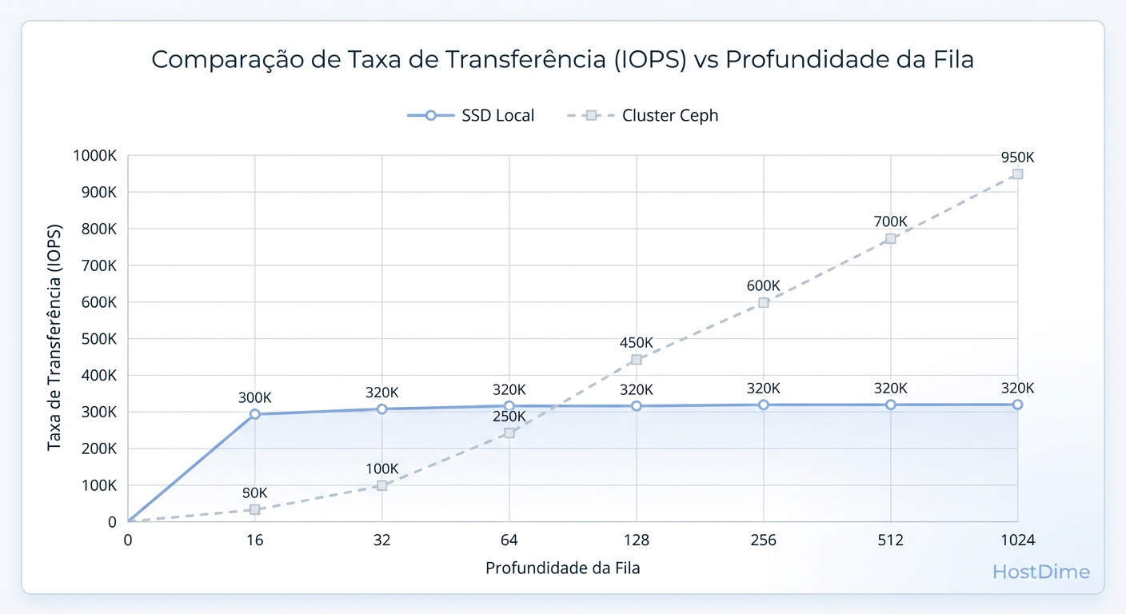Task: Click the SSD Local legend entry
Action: tap(471, 115)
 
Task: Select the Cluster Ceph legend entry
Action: tap(643, 115)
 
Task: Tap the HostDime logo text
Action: tap(1040, 572)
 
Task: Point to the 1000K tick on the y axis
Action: tap(95, 156)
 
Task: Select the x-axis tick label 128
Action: tap(637, 540)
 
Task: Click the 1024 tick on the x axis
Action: tap(1017, 540)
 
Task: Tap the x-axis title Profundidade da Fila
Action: tap(562, 568)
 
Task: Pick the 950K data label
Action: tap(1017, 157)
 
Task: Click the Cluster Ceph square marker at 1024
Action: tap(1017, 174)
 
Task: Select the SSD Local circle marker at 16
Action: tap(254, 414)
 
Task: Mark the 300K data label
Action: tap(254, 397)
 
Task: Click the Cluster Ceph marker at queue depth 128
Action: tap(637, 360)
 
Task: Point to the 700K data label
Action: tap(890, 221)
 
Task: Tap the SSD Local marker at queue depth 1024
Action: tap(1017, 405)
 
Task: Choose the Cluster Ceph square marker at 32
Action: tap(381, 485)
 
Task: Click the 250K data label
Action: tap(509, 417)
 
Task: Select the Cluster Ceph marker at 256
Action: tap(764, 303)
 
